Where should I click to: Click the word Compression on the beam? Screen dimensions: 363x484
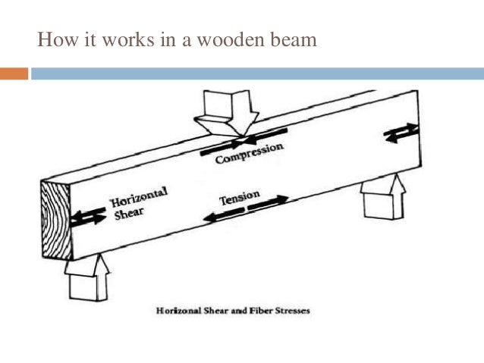click(x=249, y=154)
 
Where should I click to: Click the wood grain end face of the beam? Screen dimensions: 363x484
click(x=54, y=220)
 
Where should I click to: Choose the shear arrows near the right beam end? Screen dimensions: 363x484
click(x=401, y=132)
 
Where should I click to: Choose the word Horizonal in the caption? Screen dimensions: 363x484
click(x=178, y=311)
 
